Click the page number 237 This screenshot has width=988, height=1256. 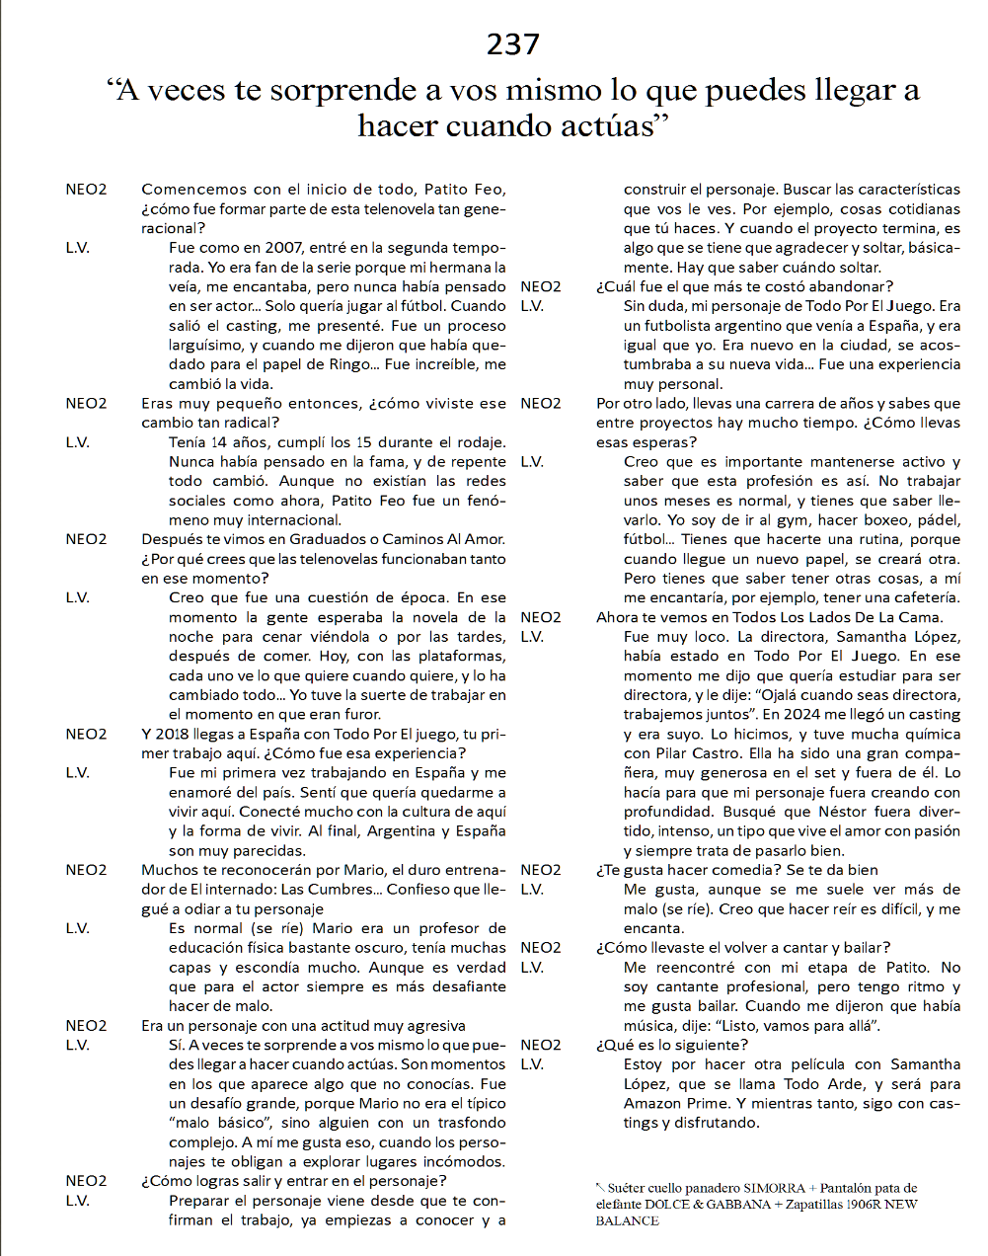513,44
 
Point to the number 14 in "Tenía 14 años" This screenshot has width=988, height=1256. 218,442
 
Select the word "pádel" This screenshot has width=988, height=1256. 938,520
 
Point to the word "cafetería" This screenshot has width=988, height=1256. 921,597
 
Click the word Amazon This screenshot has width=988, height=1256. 652,1103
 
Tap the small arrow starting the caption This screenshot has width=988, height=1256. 600,1187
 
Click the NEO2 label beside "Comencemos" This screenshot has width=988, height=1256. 87,190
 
